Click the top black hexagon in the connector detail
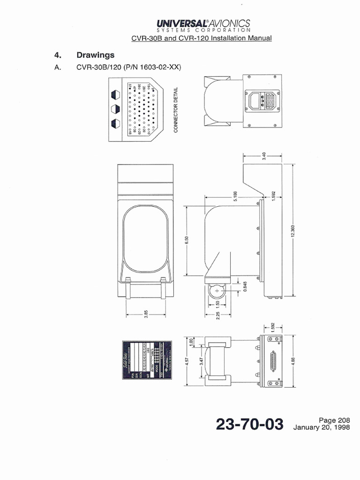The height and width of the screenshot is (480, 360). [116, 95]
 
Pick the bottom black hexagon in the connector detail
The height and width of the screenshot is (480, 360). [116, 124]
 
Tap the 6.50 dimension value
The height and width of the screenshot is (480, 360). [186, 240]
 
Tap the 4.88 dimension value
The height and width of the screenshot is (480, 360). [292, 361]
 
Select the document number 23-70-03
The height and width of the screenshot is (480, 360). [250, 425]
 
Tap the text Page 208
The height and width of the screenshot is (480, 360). [334, 420]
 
